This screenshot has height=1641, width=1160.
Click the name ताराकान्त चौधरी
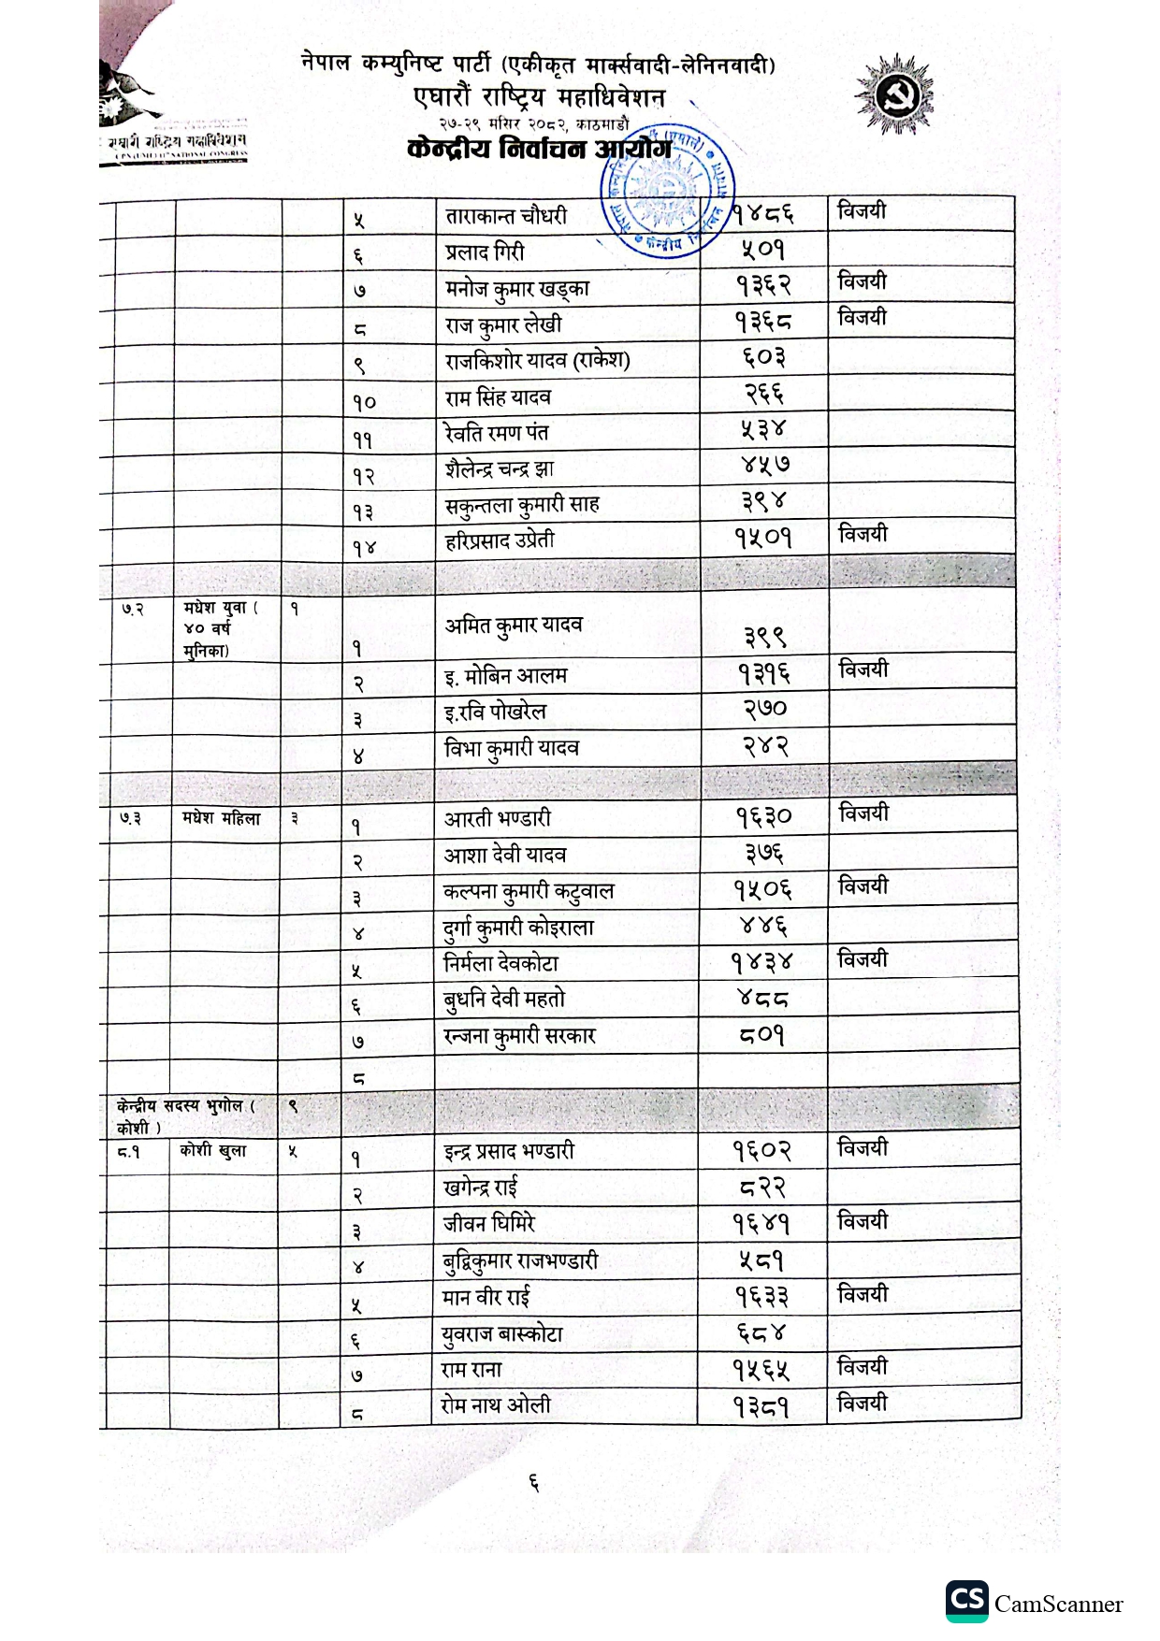point(506,216)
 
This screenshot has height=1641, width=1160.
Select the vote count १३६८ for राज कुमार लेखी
point(762,322)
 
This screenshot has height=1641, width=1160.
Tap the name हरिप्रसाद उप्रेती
point(500,540)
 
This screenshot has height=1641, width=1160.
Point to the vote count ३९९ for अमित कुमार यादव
point(765,637)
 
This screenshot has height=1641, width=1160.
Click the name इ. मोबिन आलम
point(506,676)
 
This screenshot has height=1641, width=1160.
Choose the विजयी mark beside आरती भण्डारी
point(863,813)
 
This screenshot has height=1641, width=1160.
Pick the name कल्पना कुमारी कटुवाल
point(529,892)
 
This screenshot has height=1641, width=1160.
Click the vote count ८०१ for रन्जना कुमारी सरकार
point(761,1035)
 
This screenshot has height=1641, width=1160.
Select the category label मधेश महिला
point(222,819)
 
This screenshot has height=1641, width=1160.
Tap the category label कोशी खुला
point(213,1151)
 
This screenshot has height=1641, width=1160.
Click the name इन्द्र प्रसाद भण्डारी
point(509,1152)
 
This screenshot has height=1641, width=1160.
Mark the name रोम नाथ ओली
point(496,1405)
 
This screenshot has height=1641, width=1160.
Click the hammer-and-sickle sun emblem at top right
point(893,94)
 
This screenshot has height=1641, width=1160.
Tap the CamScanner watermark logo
point(1034,1603)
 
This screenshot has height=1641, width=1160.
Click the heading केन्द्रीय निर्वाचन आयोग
point(539,150)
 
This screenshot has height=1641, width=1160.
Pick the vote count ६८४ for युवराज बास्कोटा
point(761,1332)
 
